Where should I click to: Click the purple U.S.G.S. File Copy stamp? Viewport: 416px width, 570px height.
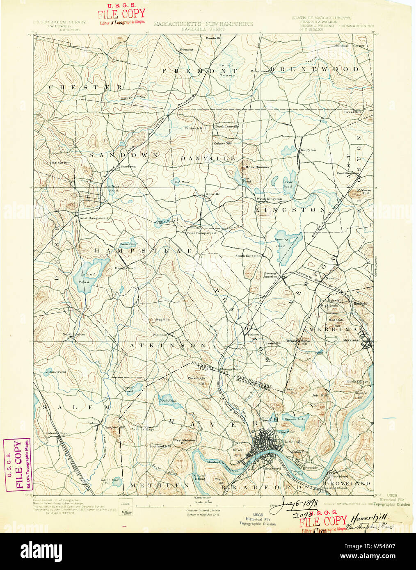pyautogui.click(x=17, y=465)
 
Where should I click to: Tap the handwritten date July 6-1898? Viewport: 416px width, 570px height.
pyautogui.click(x=299, y=502)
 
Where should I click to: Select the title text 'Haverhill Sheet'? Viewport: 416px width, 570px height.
pyautogui.click(x=203, y=30)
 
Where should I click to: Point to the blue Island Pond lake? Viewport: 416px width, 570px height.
pyautogui.click(x=87, y=271)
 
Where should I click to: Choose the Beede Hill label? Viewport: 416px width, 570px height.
pyautogui.click(x=214, y=38)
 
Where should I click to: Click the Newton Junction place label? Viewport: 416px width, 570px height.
pyautogui.click(x=270, y=275)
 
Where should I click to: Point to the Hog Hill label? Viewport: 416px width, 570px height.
pyautogui.click(x=162, y=319)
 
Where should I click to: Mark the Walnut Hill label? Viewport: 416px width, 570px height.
pyautogui.click(x=60, y=163)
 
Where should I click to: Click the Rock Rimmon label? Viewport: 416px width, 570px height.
pyautogui.click(x=257, y=167)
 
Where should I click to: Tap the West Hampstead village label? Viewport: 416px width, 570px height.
pyautogui.click(x=94, y=218)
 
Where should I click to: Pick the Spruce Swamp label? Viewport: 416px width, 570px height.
pyautogui.click(x=226, y=70)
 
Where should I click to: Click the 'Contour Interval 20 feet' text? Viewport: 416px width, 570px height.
pyautogui.click(x=203, y=510)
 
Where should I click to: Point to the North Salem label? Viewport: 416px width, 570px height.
pyautogui.click(x=74, y=334)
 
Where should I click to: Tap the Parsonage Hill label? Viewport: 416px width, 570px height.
pyautogui.click(x=196, y=380)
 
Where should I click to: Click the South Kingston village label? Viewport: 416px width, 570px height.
pyautogui.click(x=248, y=256)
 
